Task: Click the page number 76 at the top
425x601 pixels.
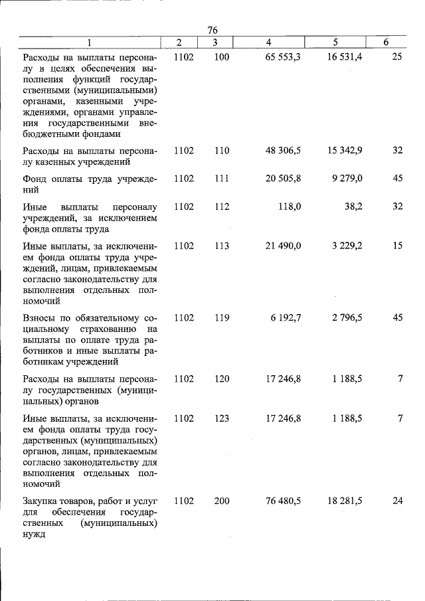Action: point(212,30)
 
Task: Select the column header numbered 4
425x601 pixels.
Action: point(268,43)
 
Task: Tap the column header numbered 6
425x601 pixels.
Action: point(386,43)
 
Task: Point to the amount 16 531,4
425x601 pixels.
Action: point(345,57)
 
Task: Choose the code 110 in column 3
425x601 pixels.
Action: point(222,151)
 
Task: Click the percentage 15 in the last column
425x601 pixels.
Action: point(397,246)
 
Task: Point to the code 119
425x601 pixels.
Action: point(222,318)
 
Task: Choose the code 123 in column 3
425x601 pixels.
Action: point(222,418)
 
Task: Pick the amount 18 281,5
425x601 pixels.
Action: point(345,501)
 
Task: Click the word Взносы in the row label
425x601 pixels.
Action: point(41,318)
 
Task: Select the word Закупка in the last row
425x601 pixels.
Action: point(42,501)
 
